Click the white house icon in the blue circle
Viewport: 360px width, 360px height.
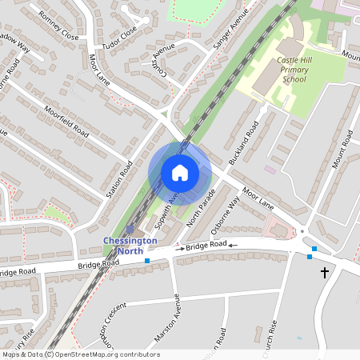coord(180,173)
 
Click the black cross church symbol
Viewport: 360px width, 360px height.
coord(325,273)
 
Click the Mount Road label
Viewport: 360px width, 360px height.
coord(344,153)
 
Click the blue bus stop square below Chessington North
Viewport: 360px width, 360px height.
coord(147,260)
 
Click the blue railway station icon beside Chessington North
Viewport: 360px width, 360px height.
coord(130,229)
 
